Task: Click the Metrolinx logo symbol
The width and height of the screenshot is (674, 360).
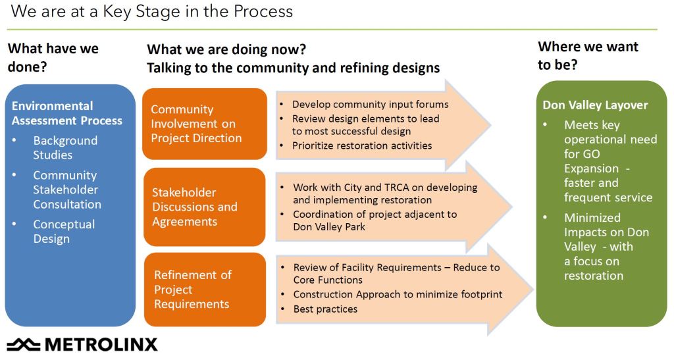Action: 24,345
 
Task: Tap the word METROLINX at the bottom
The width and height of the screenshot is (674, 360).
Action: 101,345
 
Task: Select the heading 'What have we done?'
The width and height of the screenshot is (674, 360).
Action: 53,57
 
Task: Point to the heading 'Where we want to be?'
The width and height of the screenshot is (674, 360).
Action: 588,55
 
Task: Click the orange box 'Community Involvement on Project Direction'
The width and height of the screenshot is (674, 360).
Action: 205,124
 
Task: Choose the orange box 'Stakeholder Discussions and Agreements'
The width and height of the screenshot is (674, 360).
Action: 205,207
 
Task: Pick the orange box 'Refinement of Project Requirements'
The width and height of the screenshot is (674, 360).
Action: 205,290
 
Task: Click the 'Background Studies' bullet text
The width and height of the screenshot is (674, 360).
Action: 65,148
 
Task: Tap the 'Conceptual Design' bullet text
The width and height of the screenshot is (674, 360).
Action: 64,232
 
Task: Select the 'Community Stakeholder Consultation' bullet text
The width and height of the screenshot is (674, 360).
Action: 67,190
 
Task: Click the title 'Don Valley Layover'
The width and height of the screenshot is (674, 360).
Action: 595,105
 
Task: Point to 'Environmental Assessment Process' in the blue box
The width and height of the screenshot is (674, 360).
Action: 66,113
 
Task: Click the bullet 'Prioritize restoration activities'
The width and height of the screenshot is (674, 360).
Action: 362,145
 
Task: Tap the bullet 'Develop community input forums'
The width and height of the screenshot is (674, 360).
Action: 370,105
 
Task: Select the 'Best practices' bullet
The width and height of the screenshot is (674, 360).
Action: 325,309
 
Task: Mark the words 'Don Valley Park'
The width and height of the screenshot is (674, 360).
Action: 329,227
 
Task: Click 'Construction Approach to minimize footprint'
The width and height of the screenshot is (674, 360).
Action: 398,294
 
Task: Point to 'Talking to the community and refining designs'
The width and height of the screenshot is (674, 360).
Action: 293,68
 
